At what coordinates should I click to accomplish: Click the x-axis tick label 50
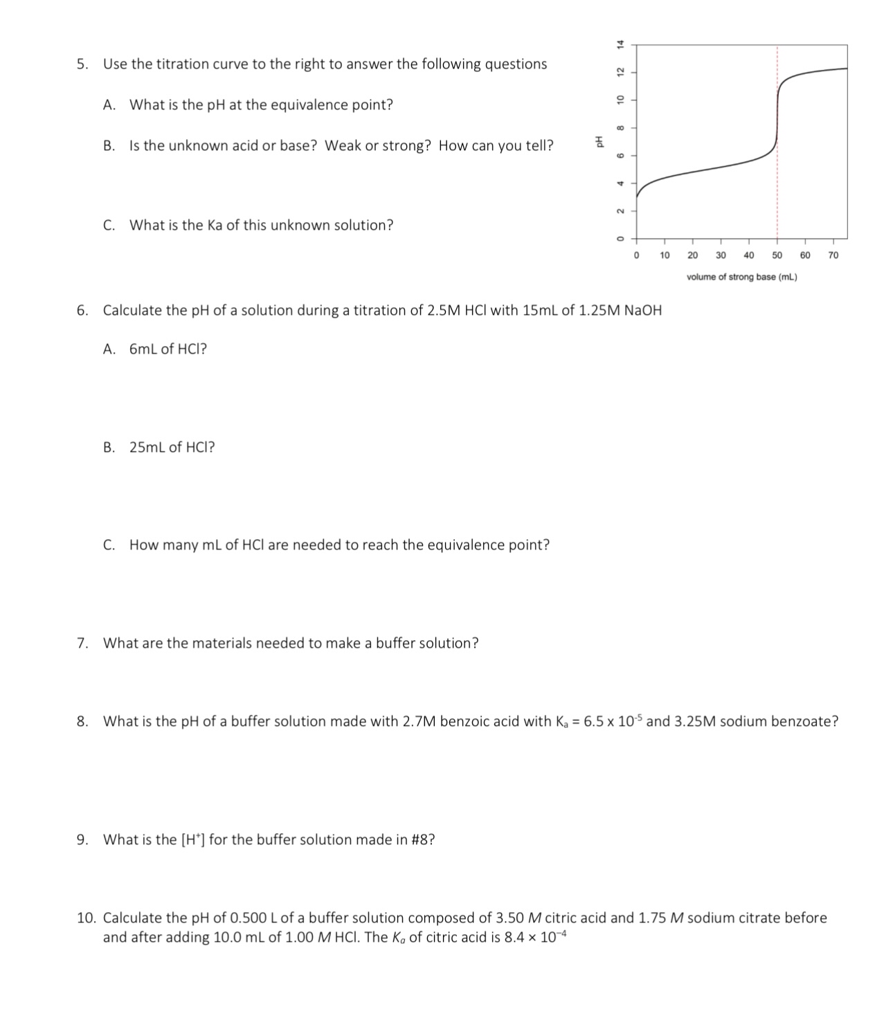[777, 255]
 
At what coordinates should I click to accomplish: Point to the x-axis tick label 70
[833, 255]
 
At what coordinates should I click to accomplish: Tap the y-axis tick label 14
[621, 44]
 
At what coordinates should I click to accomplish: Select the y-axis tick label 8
[621, 127]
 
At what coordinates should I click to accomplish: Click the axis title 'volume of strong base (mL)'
[741, 277]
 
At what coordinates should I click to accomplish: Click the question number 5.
[82, 64]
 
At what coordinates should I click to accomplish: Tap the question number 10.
[86, 918]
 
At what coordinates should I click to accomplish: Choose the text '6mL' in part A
[143, 349]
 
